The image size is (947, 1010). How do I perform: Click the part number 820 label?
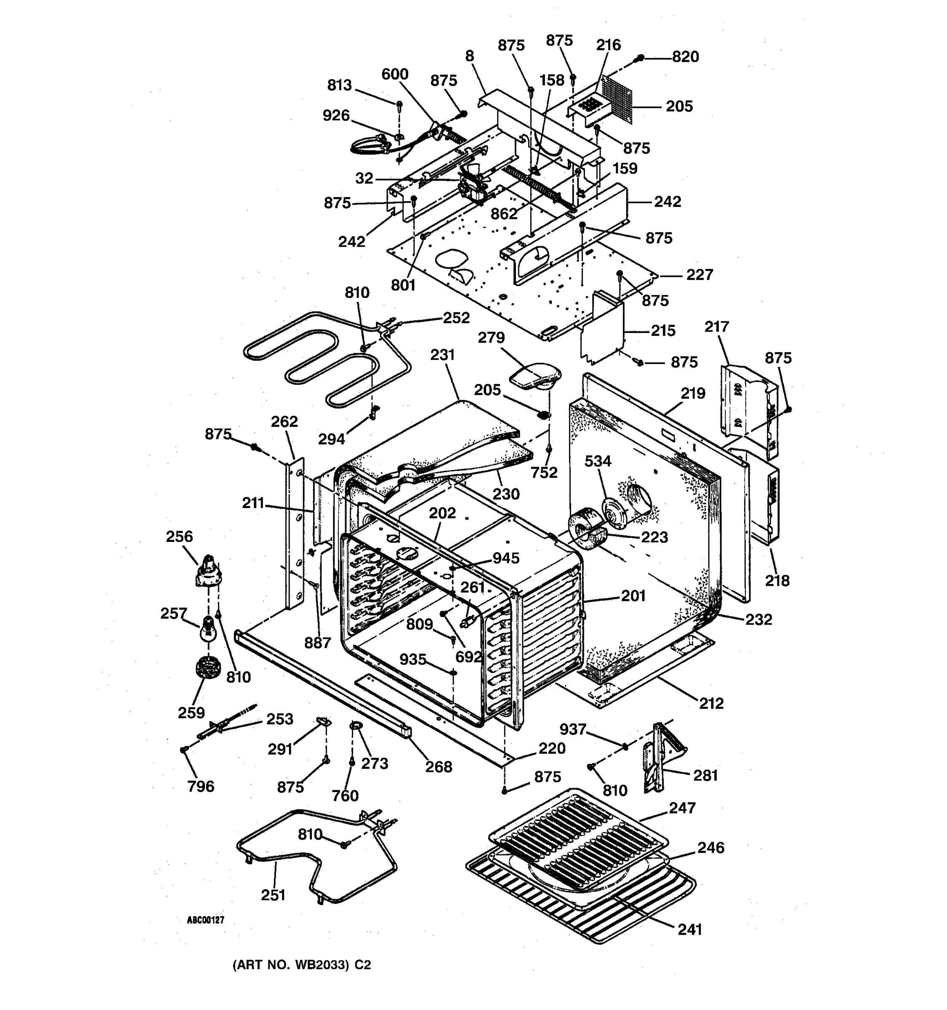(x=685, y=57)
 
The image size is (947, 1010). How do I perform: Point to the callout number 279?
(x=491, y=338)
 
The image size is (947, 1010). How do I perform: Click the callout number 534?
(x=598, y=461)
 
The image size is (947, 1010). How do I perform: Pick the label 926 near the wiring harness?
(x=336, y=116)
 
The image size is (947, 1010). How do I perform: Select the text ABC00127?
(x=205, y=920)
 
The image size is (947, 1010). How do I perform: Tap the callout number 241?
(x=689, y=929)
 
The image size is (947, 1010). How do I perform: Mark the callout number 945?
(x=505, y=558)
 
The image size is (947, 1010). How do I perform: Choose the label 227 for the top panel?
(x=700, y=275)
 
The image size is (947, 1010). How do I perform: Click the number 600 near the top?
(x=395, y=74)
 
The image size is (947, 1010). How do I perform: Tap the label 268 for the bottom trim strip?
(x=439, y=767)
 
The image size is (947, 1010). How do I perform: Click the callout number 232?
(x=758, y=619)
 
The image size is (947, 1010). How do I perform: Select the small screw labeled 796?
(x=184, y=750)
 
